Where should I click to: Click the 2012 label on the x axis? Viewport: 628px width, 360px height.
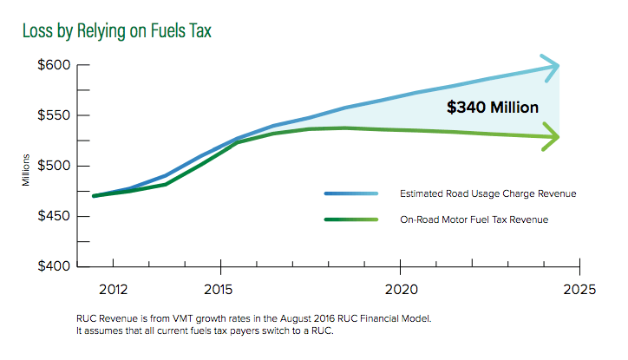[114, 288]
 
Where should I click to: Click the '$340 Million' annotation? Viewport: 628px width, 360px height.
[493, 108]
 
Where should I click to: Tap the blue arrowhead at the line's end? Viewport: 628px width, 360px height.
[552, 66]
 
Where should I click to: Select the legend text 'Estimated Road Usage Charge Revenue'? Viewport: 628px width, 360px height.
[475, 193]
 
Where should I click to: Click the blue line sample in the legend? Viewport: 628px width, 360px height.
[351, 193]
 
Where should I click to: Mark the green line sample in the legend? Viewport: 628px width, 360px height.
[351, 219]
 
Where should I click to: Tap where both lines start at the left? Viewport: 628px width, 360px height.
[94, 196]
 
